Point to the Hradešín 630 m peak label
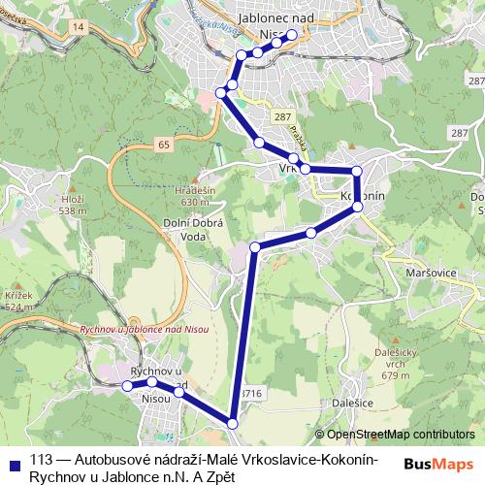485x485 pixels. [195, 197]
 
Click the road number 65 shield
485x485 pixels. [160, 144]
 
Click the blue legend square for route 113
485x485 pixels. [14, 462]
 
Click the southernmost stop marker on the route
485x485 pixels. [233, 422]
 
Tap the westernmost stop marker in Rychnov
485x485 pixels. [127, 385]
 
